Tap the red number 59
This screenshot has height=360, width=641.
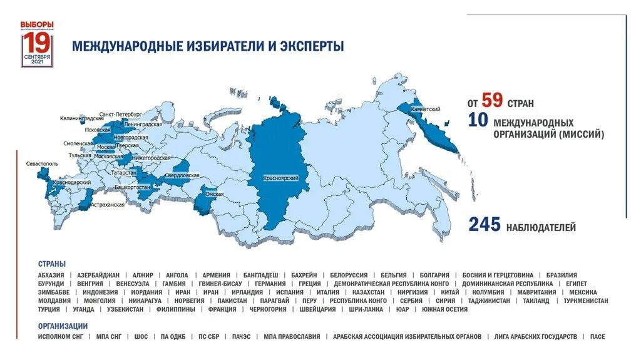point(492,101)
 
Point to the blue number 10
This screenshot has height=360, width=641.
point(478,121)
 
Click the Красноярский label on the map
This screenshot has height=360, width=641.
point(281,179)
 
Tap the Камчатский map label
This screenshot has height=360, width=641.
point(426,109)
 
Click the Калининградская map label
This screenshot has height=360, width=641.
point(82,118)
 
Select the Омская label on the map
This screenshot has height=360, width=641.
point(215,194)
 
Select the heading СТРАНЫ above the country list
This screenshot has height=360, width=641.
point(52,264)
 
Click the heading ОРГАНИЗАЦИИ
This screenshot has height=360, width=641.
point(63,326)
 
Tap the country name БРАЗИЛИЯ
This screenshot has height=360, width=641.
point(561,275)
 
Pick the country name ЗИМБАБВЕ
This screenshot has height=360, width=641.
point(53,292)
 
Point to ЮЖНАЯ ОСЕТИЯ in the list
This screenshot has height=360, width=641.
point(444,309)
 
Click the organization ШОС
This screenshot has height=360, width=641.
point(141,337)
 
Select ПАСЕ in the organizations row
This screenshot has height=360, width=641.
point(597,337)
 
